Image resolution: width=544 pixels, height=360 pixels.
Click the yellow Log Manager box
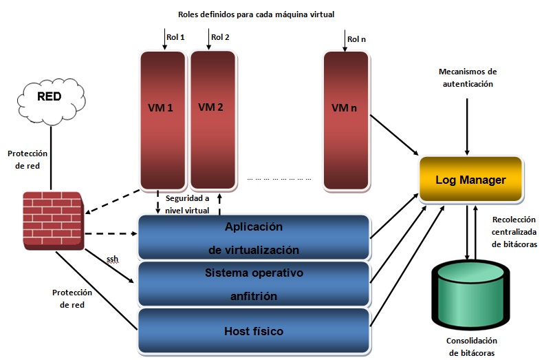tap(470, 180)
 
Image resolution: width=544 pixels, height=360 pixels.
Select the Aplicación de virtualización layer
tap(254, 237)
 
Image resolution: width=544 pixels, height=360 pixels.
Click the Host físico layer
tap(254, 331)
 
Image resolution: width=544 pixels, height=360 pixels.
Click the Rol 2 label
tap(220, 37)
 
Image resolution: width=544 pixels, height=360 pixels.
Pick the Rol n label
tap(356, 39)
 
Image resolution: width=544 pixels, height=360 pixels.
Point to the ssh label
tap(112, 260)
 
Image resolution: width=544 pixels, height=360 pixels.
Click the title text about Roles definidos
tap(256, 14)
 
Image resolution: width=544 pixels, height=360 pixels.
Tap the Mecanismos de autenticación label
tap(468, 77)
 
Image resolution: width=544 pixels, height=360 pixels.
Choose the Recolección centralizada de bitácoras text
tap(514, 232)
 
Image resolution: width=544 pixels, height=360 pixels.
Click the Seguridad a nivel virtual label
tap(189, 204)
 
